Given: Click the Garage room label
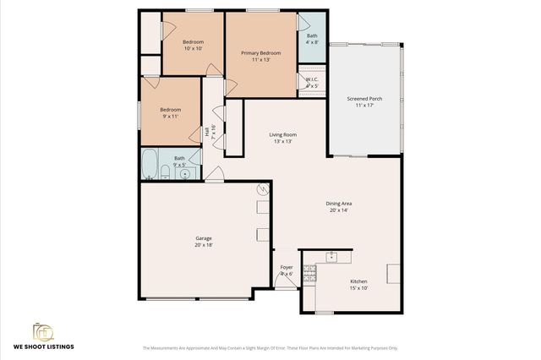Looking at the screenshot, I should [x=203, y=243].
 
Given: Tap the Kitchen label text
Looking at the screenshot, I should [x=359, y=285].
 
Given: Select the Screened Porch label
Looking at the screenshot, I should [x=364, y=102].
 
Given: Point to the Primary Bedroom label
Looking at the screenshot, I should [x=260, y=57].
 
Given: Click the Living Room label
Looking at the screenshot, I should [x=282, y=138].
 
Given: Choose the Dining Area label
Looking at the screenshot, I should [x=339, y=206].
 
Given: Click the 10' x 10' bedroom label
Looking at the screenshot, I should [x=194, y=44].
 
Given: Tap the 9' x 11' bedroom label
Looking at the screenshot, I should [x=171, y=113].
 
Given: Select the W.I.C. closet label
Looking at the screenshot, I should [x=312, y=83].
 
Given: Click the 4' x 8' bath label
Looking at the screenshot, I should [x=312, y=39].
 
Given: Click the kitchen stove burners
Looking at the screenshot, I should [x=310, y=272].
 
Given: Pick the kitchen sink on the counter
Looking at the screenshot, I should [x=332, y=255].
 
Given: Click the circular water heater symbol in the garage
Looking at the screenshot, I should [x=263, y=190].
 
